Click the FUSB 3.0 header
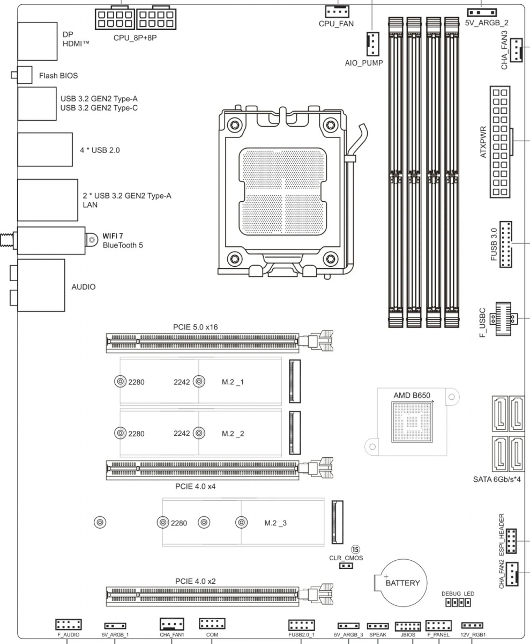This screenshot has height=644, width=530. pyautogui.click(x=505, y=244)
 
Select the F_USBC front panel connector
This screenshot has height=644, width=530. pyautogui.click(x=504, y=318)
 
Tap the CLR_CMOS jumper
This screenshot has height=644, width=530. pyautogui.click(x=346, y=565)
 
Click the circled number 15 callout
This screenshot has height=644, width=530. pyautogui.click(x=355, y=549)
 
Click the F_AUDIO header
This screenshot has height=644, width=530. pyautogui.click(x=68, y=624)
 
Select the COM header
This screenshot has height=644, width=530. pyautogui.click(x=212, y=624)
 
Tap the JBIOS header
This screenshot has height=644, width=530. pyautogui.click(x=408, y=626)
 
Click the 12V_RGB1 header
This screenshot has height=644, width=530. pyautogui.click(x=472, y=626)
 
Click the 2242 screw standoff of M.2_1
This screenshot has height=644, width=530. pyautogui.click(x=199, y=382)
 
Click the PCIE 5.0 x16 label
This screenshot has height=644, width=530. pyautogui.click(x=195, y=326)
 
